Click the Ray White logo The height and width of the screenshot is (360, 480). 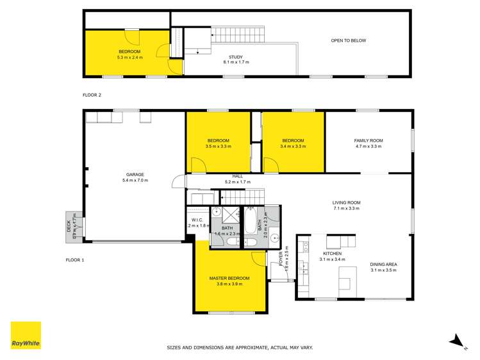(x=26, y=336)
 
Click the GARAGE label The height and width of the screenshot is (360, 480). (x=135, y=175)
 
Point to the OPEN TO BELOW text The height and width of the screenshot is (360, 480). (x=348, y=40)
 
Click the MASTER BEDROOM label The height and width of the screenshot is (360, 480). (x=229, y=278)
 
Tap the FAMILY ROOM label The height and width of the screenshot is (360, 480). (x=368, y=140)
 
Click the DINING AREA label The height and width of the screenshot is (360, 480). (x=383, y=264)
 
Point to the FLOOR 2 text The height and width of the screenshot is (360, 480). (x=92, y=95)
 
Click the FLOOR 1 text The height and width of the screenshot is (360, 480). (x=76, y=260)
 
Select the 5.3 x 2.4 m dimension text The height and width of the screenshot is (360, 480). (x=129, y=58)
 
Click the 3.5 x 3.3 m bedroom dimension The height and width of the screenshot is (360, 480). (x=218, y=147)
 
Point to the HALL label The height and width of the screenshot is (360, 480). (x=237, y=176)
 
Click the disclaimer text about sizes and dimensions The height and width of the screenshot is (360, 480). (x=240, y=347)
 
